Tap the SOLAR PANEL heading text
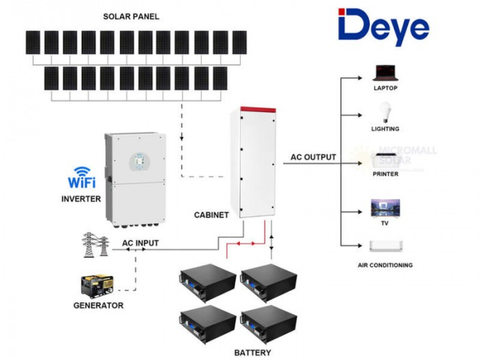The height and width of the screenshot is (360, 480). point(131,15)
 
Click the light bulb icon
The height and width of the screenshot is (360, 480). point(385,111)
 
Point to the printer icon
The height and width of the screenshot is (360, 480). point(385,159)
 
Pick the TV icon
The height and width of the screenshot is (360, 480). point(385,207)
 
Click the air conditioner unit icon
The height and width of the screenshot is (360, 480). point(385,247)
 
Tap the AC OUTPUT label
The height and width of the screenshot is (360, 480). point(313,158)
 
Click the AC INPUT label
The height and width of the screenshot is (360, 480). point(140,243)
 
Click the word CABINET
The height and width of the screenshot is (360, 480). point(211,215)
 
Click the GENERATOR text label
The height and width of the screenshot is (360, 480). point(98,305)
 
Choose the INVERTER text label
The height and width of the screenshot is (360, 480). point(81,199)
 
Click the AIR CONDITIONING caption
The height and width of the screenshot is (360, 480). point(385,265)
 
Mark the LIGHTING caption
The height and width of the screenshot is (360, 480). point(385,129)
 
